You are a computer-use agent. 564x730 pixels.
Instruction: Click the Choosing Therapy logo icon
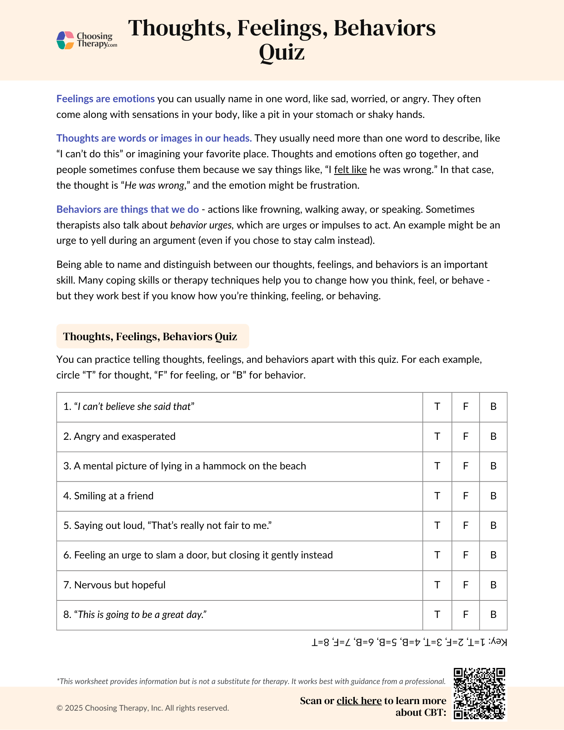click(66, 40)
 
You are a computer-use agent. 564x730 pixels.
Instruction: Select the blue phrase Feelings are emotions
click(105, 99)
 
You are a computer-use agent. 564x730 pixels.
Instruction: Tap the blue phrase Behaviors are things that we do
click(127, 210)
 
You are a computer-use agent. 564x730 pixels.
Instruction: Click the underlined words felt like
click(350, 170)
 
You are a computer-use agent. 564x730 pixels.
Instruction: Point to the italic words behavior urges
click(201, 225)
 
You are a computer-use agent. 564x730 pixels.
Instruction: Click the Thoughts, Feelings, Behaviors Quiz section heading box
click(153, 336)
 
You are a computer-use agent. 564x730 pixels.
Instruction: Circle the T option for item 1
click(437, 407)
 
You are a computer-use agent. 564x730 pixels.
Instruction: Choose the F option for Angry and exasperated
click(465, 437)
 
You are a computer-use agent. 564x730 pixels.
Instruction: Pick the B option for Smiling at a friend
click(493, 496)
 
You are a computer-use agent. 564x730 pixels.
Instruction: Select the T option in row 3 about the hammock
click(437, 466)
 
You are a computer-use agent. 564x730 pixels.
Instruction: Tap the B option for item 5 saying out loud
click(493, 526)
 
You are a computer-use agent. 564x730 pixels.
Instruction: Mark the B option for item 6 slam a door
click(493, 555)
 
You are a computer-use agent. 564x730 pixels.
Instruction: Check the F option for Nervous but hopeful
click(465, 585)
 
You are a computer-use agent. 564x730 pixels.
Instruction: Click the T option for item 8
click(437, 615)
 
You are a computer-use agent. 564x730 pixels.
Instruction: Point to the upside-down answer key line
click(409, 642)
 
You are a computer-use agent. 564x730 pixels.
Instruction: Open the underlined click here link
click(359, 701)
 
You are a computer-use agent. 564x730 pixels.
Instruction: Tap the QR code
click(479, 694)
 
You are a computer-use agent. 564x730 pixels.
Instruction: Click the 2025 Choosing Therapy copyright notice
click(143, 708)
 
